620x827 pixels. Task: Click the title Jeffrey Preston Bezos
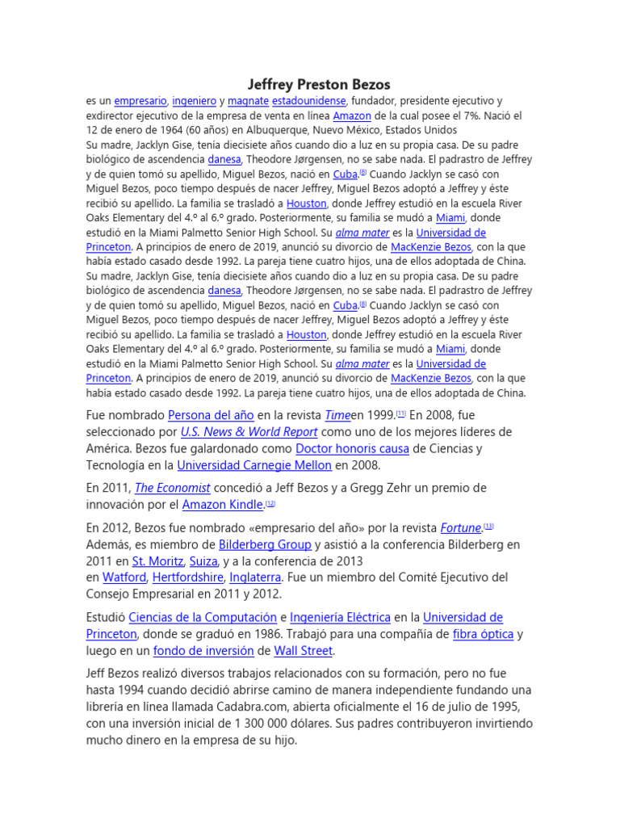coord(317,84)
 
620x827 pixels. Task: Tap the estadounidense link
coord(309,101)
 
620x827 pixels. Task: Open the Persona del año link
coord(210,415)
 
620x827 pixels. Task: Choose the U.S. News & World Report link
coord(249,432)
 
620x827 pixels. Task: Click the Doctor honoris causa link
coord(352,449)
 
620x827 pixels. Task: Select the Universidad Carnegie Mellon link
coord(254,466)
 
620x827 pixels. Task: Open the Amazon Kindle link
coord(223,505)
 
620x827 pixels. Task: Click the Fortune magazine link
coord(460,527)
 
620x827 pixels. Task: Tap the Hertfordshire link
coord(194,578)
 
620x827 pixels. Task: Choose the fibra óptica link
coord(483,635)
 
